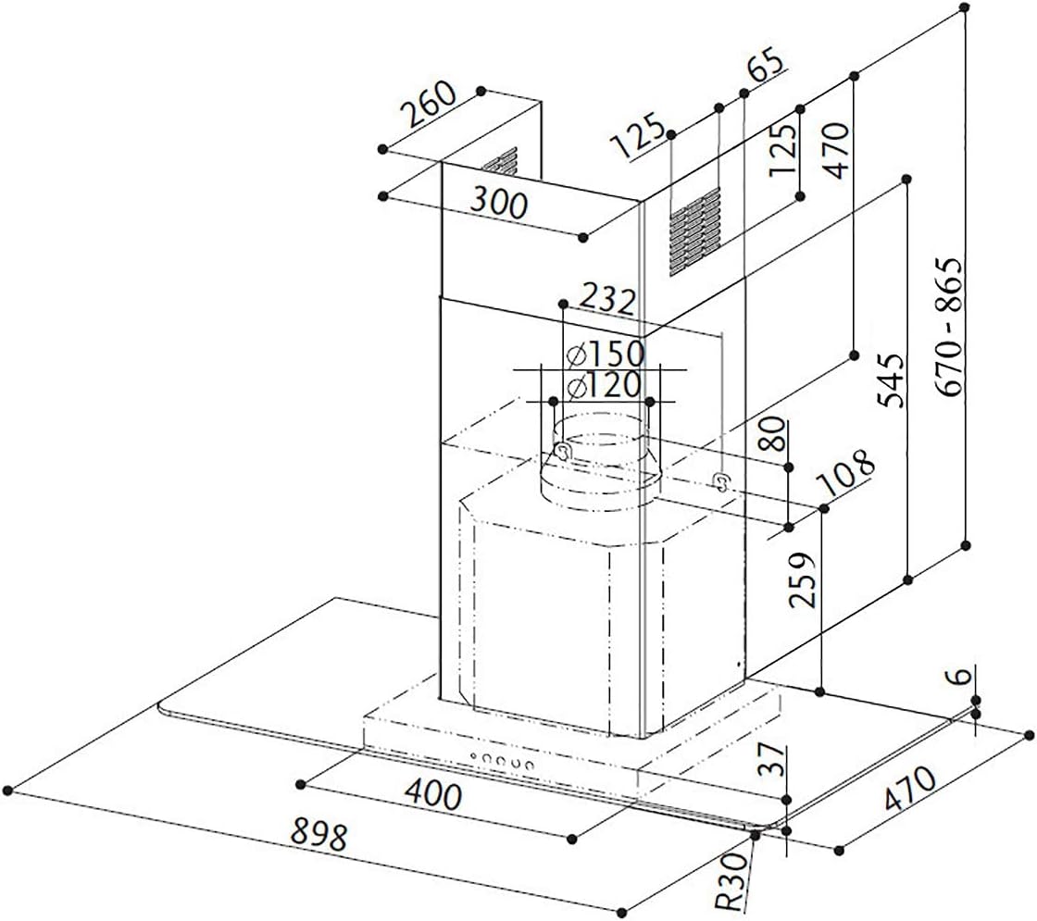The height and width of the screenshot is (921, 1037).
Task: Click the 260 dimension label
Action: pos(429,106)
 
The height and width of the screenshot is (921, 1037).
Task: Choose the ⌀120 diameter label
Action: pos(604,385)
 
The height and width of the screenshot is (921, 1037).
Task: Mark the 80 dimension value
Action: pos(774,434)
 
